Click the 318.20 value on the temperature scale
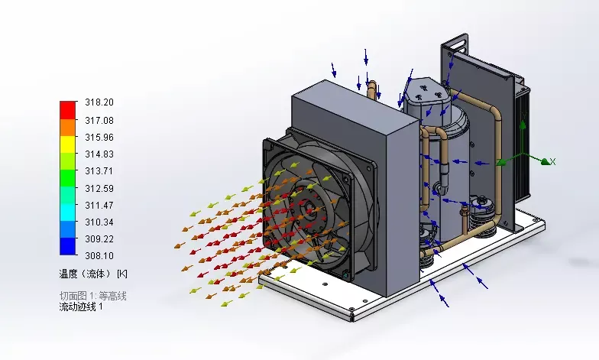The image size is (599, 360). tap(99, 102)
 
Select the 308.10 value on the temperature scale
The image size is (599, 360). tap(99, 255)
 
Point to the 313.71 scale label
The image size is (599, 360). tap(99, 171)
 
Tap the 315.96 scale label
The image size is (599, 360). tap(99, 138)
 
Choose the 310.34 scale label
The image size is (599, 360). tap(99, 222)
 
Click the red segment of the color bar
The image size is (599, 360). tap(67, 110)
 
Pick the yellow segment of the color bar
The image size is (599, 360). tap(67, 144)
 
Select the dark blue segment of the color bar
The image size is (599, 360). tap(67, 246)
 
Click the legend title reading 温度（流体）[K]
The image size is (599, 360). tap(93, 274)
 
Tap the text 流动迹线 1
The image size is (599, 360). tap(81, 307)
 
